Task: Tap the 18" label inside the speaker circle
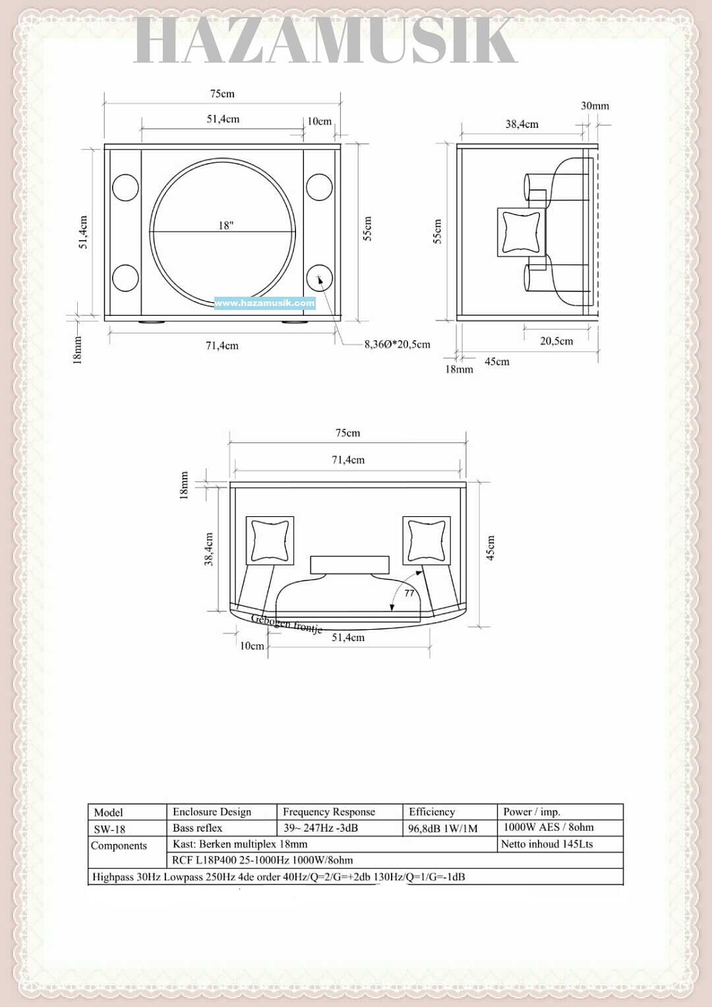(x=226, y=226)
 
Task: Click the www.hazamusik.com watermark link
(x=265, y=303)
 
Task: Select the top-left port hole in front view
(x=125, y=187)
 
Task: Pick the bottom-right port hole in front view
(x=319, y=278)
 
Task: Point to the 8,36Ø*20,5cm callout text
(x=397, y=344)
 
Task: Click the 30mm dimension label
(x=595, y=106)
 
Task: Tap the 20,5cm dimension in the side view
(x=556, y=341)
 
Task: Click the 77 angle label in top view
(x=409, y=593)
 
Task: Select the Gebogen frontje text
(x=287, y=623)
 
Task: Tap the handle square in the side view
(x=521, y=232)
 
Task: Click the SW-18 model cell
(x=109, y=829)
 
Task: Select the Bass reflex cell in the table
(x=197, y=828)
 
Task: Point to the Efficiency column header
(x=432, y=812)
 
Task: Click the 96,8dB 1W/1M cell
(x=442, y=828)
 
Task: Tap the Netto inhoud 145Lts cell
(x=547, y=844)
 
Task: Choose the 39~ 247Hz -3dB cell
(x=320, y=828)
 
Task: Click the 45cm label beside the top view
(x=490, y=548)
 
